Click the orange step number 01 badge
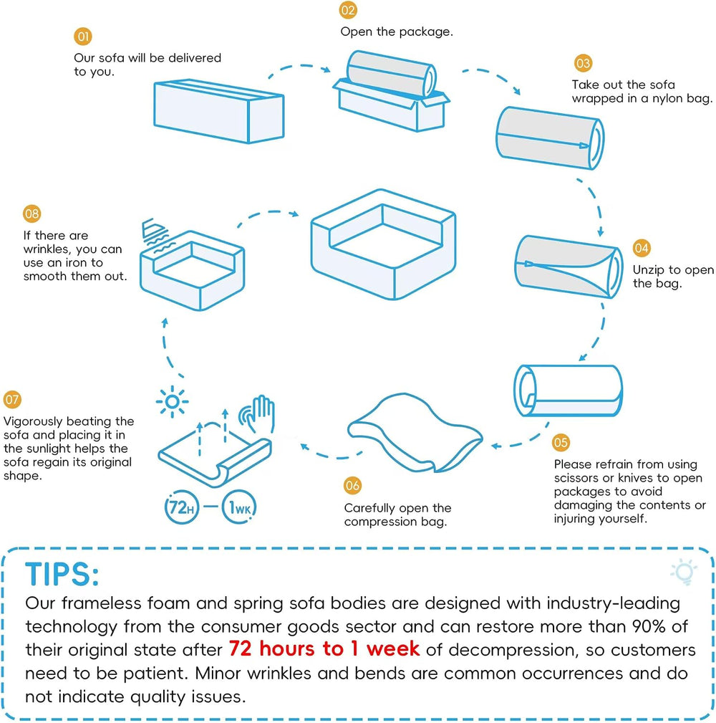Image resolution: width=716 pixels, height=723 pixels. coord(83,37)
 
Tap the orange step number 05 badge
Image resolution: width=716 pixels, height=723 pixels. coord(561,443)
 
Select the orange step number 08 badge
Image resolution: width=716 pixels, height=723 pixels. coord(32,214)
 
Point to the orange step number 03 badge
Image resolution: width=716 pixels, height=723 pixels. coord(583,63)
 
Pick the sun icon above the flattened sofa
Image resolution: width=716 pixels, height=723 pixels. coord(172,401)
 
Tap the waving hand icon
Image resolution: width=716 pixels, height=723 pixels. coord(258,413)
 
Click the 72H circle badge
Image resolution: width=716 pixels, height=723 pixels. coord(182,507)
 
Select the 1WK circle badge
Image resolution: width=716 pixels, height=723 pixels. coord(239,507)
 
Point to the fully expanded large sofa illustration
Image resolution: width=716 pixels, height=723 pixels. coord(383,244)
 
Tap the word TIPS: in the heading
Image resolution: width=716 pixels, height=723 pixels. coord(62,575)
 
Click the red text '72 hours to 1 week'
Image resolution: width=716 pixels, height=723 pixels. coord(324,648)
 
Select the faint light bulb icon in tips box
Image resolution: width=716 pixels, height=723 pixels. coord(684,572)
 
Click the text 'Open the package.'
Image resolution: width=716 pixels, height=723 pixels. coord(397,32)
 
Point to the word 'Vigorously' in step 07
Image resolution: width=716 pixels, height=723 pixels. coord(32,422)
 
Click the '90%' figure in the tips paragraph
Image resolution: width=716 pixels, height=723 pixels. coord(649,626)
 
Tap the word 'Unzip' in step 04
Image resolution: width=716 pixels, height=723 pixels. coord(648,270)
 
